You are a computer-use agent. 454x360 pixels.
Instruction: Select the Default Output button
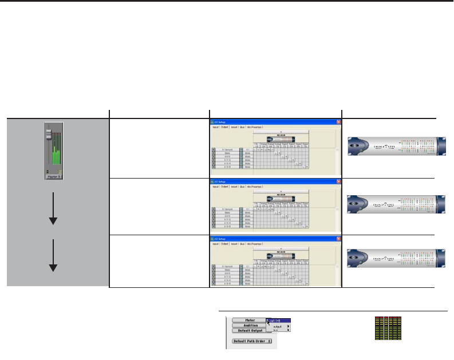(248, 330)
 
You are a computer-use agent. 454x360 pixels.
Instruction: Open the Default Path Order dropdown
(252, 341)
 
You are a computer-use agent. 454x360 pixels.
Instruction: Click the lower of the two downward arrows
(52, 258)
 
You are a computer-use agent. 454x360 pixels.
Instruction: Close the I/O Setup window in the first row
(338, 122)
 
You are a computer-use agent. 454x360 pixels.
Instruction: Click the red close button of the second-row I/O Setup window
(338, 181)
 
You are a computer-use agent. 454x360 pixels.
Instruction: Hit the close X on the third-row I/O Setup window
(338, 238)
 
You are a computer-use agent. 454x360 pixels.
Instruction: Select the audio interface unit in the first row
(396, 146)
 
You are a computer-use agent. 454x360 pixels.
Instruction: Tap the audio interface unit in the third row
(396, 259)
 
